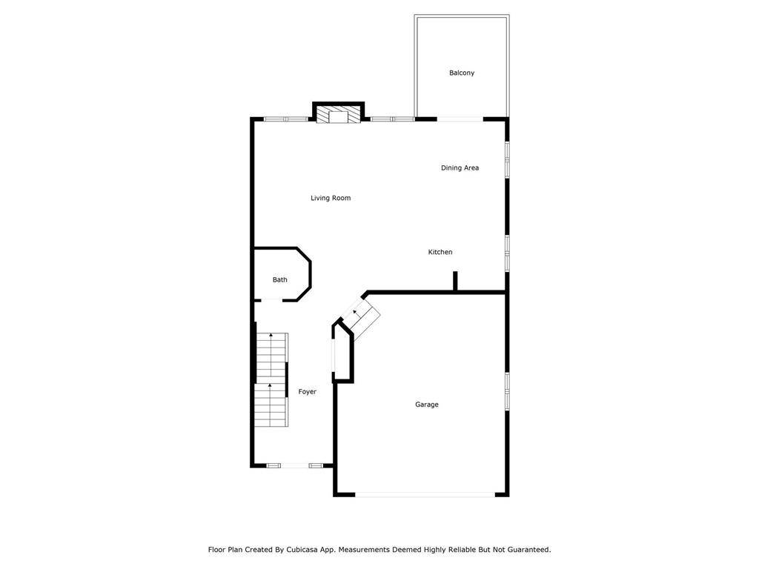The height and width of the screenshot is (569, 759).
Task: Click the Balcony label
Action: click(x=461, y=73)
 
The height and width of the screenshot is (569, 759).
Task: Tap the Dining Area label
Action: click(x=460, y=168)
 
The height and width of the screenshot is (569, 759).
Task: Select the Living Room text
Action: click(x=331, y=198)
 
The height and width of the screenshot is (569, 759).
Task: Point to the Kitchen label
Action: click(x=440, y=252)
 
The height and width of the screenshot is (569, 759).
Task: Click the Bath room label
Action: click(x=279, y=279)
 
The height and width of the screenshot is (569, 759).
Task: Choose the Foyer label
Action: click(x=308, y=392)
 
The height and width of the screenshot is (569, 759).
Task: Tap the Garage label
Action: click(x=426, y=405)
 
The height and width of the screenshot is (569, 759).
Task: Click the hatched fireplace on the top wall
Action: click(x=338, y=115)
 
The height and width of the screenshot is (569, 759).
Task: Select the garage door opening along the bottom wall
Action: click(x=425, y=494)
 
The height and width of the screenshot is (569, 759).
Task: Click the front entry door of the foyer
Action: click(x=295, y=465)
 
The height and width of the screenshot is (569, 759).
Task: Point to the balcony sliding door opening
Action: click(x=460, y=119)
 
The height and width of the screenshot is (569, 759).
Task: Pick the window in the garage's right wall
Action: click(x=507, y=391)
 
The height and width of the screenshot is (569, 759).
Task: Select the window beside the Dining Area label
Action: click(x=507, y=159)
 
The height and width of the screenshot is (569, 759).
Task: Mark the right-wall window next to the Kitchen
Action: click(x=507, y=253)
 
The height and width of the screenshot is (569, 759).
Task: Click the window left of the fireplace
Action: click(x=286, y=119)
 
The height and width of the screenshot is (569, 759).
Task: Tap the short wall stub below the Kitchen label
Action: click(x=455, y=281)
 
